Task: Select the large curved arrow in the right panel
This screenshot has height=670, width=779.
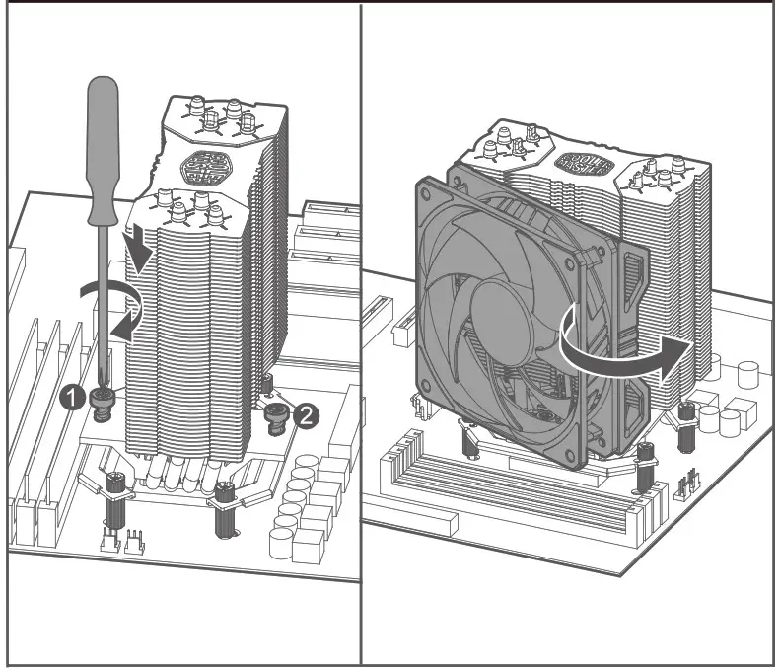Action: pyautogui.click(x=611, y=352)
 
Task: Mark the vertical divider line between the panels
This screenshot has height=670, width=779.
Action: pyautogui.click(x=361, y=335)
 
